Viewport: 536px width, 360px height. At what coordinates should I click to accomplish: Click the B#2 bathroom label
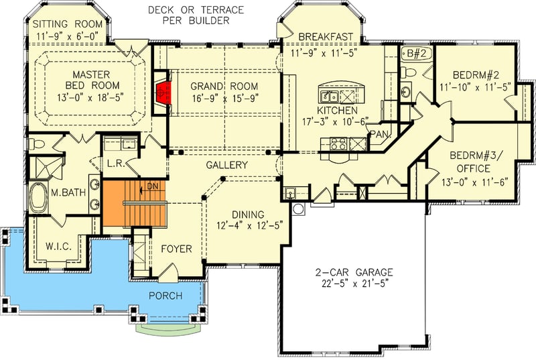click(x=411, y=54)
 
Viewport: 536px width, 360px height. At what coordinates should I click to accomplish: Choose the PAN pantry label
click(x=379, y=134)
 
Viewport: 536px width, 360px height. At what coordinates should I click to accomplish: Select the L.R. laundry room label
click(x=114, y=163)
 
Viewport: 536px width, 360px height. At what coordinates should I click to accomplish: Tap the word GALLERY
click(x=226, y=165)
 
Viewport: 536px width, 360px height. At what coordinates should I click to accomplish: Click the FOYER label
click(x=176, y=249)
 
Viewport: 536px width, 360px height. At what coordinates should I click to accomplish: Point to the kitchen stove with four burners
click(x=337, y=142)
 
